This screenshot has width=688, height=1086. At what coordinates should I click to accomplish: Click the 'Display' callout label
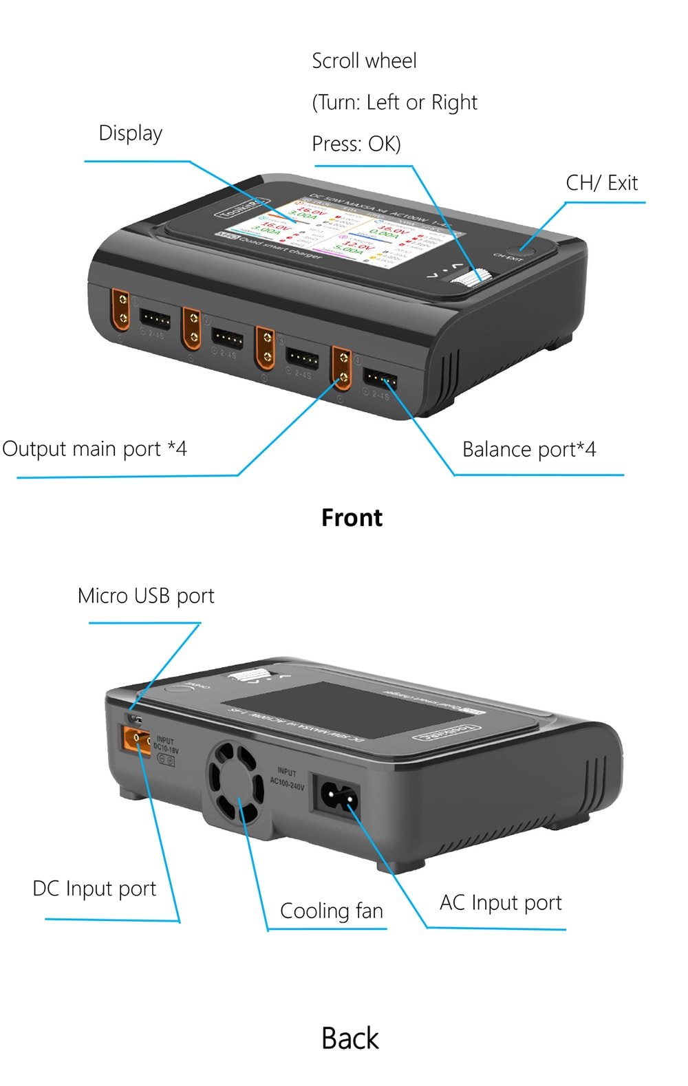(130, 133)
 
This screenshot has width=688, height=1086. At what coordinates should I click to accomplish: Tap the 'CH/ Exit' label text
(601, 183)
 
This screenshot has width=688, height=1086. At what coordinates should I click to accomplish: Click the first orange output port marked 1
(121, 308)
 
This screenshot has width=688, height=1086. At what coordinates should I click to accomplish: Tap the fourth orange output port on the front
(342, 368)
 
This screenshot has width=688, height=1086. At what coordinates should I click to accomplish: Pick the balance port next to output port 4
(380, 378)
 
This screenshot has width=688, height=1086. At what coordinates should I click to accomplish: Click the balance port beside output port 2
(227, 338)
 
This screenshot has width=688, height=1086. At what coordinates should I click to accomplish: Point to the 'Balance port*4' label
(528, 449)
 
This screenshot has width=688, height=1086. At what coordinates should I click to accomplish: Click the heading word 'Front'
(352, 517)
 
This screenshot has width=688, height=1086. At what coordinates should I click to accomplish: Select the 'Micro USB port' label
(146, 596)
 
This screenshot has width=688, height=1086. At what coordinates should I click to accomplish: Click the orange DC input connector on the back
(136, 739)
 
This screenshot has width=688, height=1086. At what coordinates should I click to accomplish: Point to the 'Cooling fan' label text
(331, 911)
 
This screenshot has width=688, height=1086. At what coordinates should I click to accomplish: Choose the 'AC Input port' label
(500, 902)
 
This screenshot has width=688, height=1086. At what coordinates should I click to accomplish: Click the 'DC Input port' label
(94, 888)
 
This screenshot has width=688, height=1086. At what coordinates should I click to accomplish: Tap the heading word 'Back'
(350, 1038)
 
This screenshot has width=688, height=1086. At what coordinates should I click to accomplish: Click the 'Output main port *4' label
(94, 449)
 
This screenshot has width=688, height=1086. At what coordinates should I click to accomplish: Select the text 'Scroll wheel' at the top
(364, 61)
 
